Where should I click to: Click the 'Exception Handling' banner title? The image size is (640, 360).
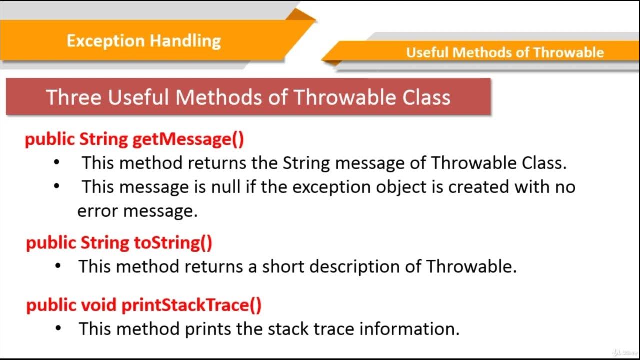point(143,40)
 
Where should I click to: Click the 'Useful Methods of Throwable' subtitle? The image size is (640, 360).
point(505,52)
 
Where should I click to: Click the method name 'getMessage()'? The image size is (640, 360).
point(188,139)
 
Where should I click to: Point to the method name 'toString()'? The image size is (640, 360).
point(173,243)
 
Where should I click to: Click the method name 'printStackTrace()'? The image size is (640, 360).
point(191,305)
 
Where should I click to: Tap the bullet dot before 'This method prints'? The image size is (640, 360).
point(59,328)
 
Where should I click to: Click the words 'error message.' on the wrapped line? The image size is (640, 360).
point(137,211)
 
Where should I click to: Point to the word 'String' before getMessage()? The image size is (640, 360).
point(103,139)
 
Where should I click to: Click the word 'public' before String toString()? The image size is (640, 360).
point(51,243)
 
